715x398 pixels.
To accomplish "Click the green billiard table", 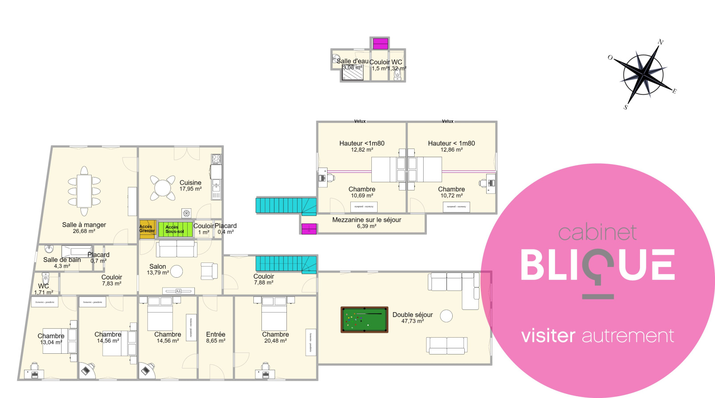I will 364,320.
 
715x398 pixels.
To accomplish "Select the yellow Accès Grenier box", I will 147,229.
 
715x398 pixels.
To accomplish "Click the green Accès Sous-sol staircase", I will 175,229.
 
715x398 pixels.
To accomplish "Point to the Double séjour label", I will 412,315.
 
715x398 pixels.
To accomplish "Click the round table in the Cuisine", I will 163,188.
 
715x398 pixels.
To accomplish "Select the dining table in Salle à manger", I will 84,191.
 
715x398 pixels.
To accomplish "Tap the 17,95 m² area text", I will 190,189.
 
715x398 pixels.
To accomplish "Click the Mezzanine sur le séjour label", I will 366,220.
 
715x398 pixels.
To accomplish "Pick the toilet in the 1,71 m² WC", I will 45,278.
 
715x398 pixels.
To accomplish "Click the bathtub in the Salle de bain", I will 77,251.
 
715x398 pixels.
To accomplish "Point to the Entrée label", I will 215,334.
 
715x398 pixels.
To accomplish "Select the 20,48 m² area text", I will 275,341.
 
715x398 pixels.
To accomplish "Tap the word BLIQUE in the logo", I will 597,266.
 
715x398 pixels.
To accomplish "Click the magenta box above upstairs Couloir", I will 381,44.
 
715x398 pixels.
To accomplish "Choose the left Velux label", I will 360,121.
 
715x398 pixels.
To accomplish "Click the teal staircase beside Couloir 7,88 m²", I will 286,264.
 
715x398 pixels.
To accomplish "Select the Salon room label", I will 158,267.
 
